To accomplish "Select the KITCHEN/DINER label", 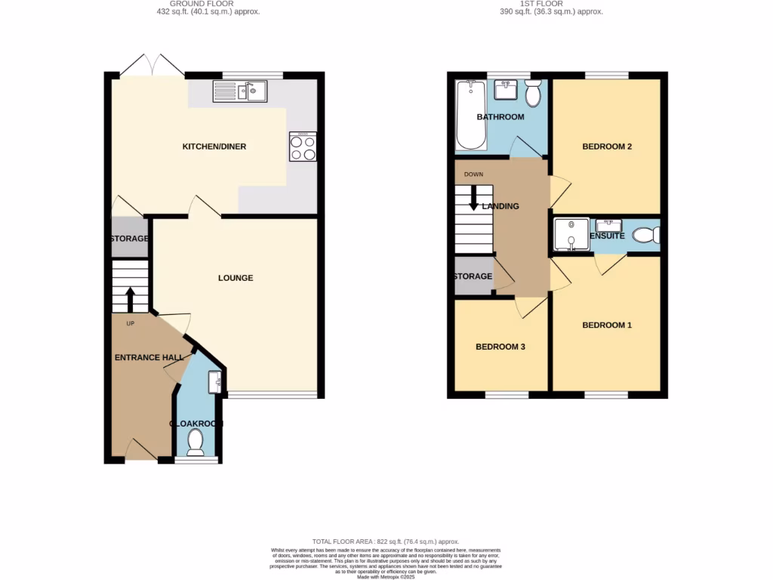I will pyautogui.click(x=214, y=147).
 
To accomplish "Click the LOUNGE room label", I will pyautogui.click(x=236, y=278).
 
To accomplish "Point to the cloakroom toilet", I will pyautogui.click(x=196, y=442).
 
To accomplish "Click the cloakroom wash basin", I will pyautogui.click(x=216, y=382).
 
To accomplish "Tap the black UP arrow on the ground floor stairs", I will pyautogui.click(x=130, y=299).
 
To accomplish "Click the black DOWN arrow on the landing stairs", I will pyautogui.click(x=474, y=202).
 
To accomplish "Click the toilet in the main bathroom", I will pyautogui.click(x=533, y=94).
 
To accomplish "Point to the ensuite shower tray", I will pyautogui.click(x=571, y=233).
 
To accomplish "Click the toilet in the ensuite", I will pyautogui.click(x=645, y=235).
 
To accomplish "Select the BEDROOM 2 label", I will pyautogui.click(x=607, y=147).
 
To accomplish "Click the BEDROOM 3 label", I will pyautogui.click(x=500, y=347).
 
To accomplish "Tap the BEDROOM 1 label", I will pyautogui.click(x=607, y=325).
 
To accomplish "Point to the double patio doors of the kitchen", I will pyautogui.click(x=152, y=66).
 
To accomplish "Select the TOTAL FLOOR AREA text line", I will pyautogui.click(x=386, y=541).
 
